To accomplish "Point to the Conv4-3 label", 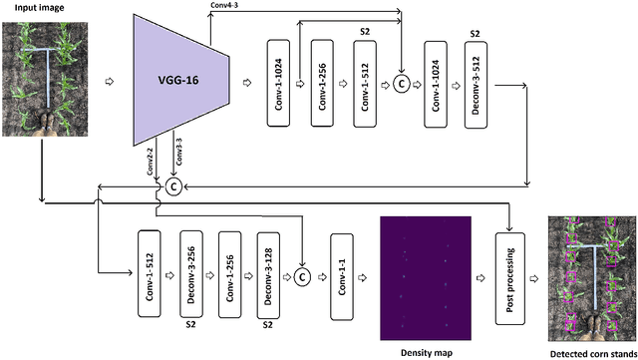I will coord(223,6).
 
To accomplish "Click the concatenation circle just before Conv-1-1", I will coord(302,276).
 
